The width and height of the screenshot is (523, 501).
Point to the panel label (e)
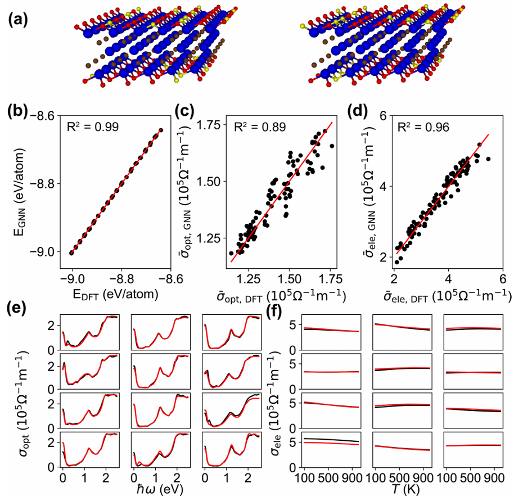(x=16, y=308)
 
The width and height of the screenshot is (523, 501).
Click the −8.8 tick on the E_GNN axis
(x=45, y=184)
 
